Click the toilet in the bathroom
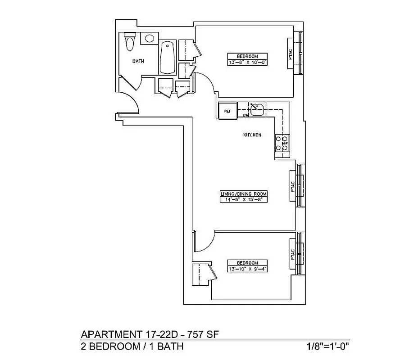(130, 42)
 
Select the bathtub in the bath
(168, 58)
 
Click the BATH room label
(138, 61)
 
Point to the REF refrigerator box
(227, 111)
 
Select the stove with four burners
(282, 143)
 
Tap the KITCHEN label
(252, 135)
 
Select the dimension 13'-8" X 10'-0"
(247, 63)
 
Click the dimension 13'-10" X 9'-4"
(247, 269)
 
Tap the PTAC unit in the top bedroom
(291, 53)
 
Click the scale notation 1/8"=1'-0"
(328, 346)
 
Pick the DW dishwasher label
(246, 115)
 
